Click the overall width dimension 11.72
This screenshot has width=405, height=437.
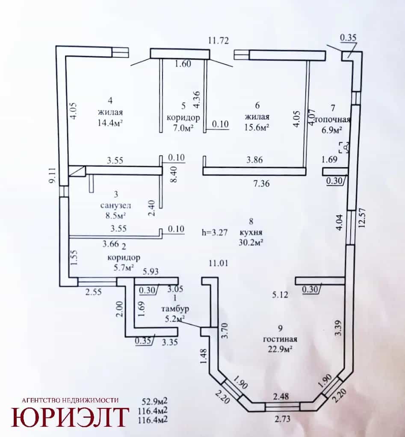pos(219,41)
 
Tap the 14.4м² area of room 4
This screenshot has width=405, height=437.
pos(110,123)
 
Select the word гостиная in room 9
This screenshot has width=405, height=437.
pos(280,339)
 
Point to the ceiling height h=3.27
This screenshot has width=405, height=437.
pos(215,232)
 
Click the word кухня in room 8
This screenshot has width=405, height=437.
pos(251,232)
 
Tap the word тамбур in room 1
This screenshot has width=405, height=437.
pos(175,309)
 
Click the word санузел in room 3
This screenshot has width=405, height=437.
pos(115,205)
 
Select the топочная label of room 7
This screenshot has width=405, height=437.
pos(332,120)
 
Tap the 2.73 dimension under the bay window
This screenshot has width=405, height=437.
pos(282,419)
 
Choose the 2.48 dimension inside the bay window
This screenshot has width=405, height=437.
pos(281,396)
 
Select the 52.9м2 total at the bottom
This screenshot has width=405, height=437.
pos(155,402)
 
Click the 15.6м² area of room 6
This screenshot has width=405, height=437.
pos(257,127)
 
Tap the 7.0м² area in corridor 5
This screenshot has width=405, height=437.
pos(183,128)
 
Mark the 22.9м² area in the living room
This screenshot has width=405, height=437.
pos(280,349)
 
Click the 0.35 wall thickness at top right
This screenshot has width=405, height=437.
pos(349,38)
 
